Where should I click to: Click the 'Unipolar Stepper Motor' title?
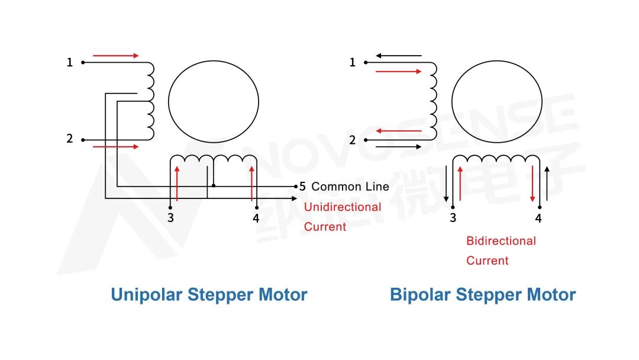click(209, 294)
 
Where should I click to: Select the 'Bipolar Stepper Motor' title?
click(482, 294)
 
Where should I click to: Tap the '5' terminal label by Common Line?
click(302, 187)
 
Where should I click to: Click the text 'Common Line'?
click(350, 187)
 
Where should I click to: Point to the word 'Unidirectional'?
click(343, 207)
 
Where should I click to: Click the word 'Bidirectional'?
click(501, 241)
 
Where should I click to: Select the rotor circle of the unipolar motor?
click(214, 101)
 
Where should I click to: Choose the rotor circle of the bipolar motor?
click(496, 101)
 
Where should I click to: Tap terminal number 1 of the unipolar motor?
click(70, 62)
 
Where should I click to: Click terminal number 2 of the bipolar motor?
click(353, 140)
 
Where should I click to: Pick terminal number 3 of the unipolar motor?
click(170, 218)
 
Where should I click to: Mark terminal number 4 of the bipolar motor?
click(538, 218)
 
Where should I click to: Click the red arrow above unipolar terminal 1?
click(115, 56)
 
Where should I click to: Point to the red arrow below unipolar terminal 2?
click(115, 146)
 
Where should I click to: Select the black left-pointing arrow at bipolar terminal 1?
click(399, 56)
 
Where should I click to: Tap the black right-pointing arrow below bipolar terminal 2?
click(399, 146)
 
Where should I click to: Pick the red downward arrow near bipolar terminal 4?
click(532, 184)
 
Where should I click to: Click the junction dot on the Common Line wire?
click(214, 186)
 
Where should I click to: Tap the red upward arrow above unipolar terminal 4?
click(252, 184)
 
